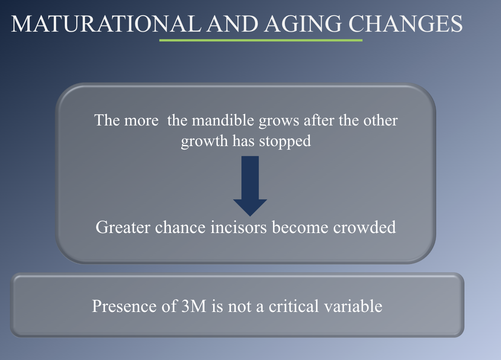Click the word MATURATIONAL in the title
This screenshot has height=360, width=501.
(x=106, y=24)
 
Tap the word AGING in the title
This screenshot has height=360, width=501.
(x=303, y=24)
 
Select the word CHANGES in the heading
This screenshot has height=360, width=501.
(x=405, y=24)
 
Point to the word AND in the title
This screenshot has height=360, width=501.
(x=232, y=24)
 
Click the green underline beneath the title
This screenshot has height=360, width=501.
(x=261, y=40)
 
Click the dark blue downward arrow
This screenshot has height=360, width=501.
(x=250, y=186)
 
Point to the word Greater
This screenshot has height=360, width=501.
(x=123, y=227)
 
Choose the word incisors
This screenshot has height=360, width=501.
(x=238, y=227)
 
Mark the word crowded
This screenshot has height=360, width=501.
(x=365, y=227)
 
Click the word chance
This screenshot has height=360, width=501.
(x=180, y=227)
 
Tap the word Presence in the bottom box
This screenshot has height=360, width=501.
(x=124, y=306)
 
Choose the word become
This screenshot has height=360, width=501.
(x=300, y=227)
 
